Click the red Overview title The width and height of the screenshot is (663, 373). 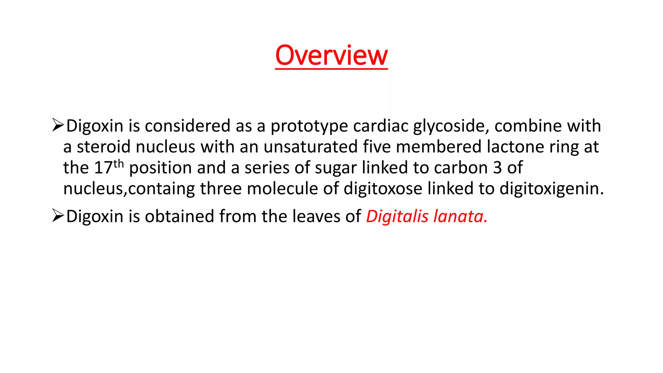(x=331, y=55)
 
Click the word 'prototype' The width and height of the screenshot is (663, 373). (x=309, y=126)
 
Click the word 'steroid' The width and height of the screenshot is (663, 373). (x=104, y=147)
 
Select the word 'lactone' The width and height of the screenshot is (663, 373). (x=515, y=147)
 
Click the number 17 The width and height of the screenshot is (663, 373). (x=103, y=168)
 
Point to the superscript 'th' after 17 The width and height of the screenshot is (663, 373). (x=118, y=164)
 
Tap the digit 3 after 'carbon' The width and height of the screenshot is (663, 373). (x=498, y=168)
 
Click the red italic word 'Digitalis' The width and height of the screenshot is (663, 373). (x=397, y=216)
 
